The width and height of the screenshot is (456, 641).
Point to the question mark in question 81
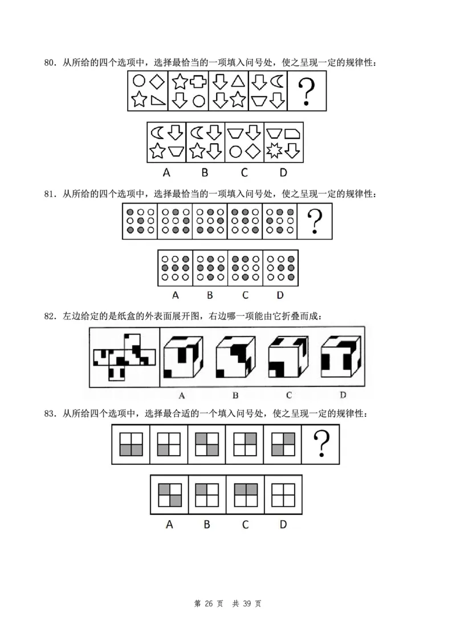click(315, 221)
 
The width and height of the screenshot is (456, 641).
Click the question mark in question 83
click(321, 443)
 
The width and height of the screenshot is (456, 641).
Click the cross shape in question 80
click(198, 82)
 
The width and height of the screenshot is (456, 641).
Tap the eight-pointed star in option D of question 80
click(274, 151)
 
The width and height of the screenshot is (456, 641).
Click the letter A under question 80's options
click(166, 172)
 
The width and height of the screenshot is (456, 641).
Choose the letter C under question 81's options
click(245, 295)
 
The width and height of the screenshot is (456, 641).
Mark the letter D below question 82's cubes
click(343, 394)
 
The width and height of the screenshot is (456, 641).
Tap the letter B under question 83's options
click(207, 524)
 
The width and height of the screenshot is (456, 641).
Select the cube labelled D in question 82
click(340, 358)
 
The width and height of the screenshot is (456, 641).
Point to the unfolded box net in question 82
click(123, 358)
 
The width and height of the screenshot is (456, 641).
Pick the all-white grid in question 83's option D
click(282, 494)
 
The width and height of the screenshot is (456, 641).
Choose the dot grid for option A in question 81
click(175, 268)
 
